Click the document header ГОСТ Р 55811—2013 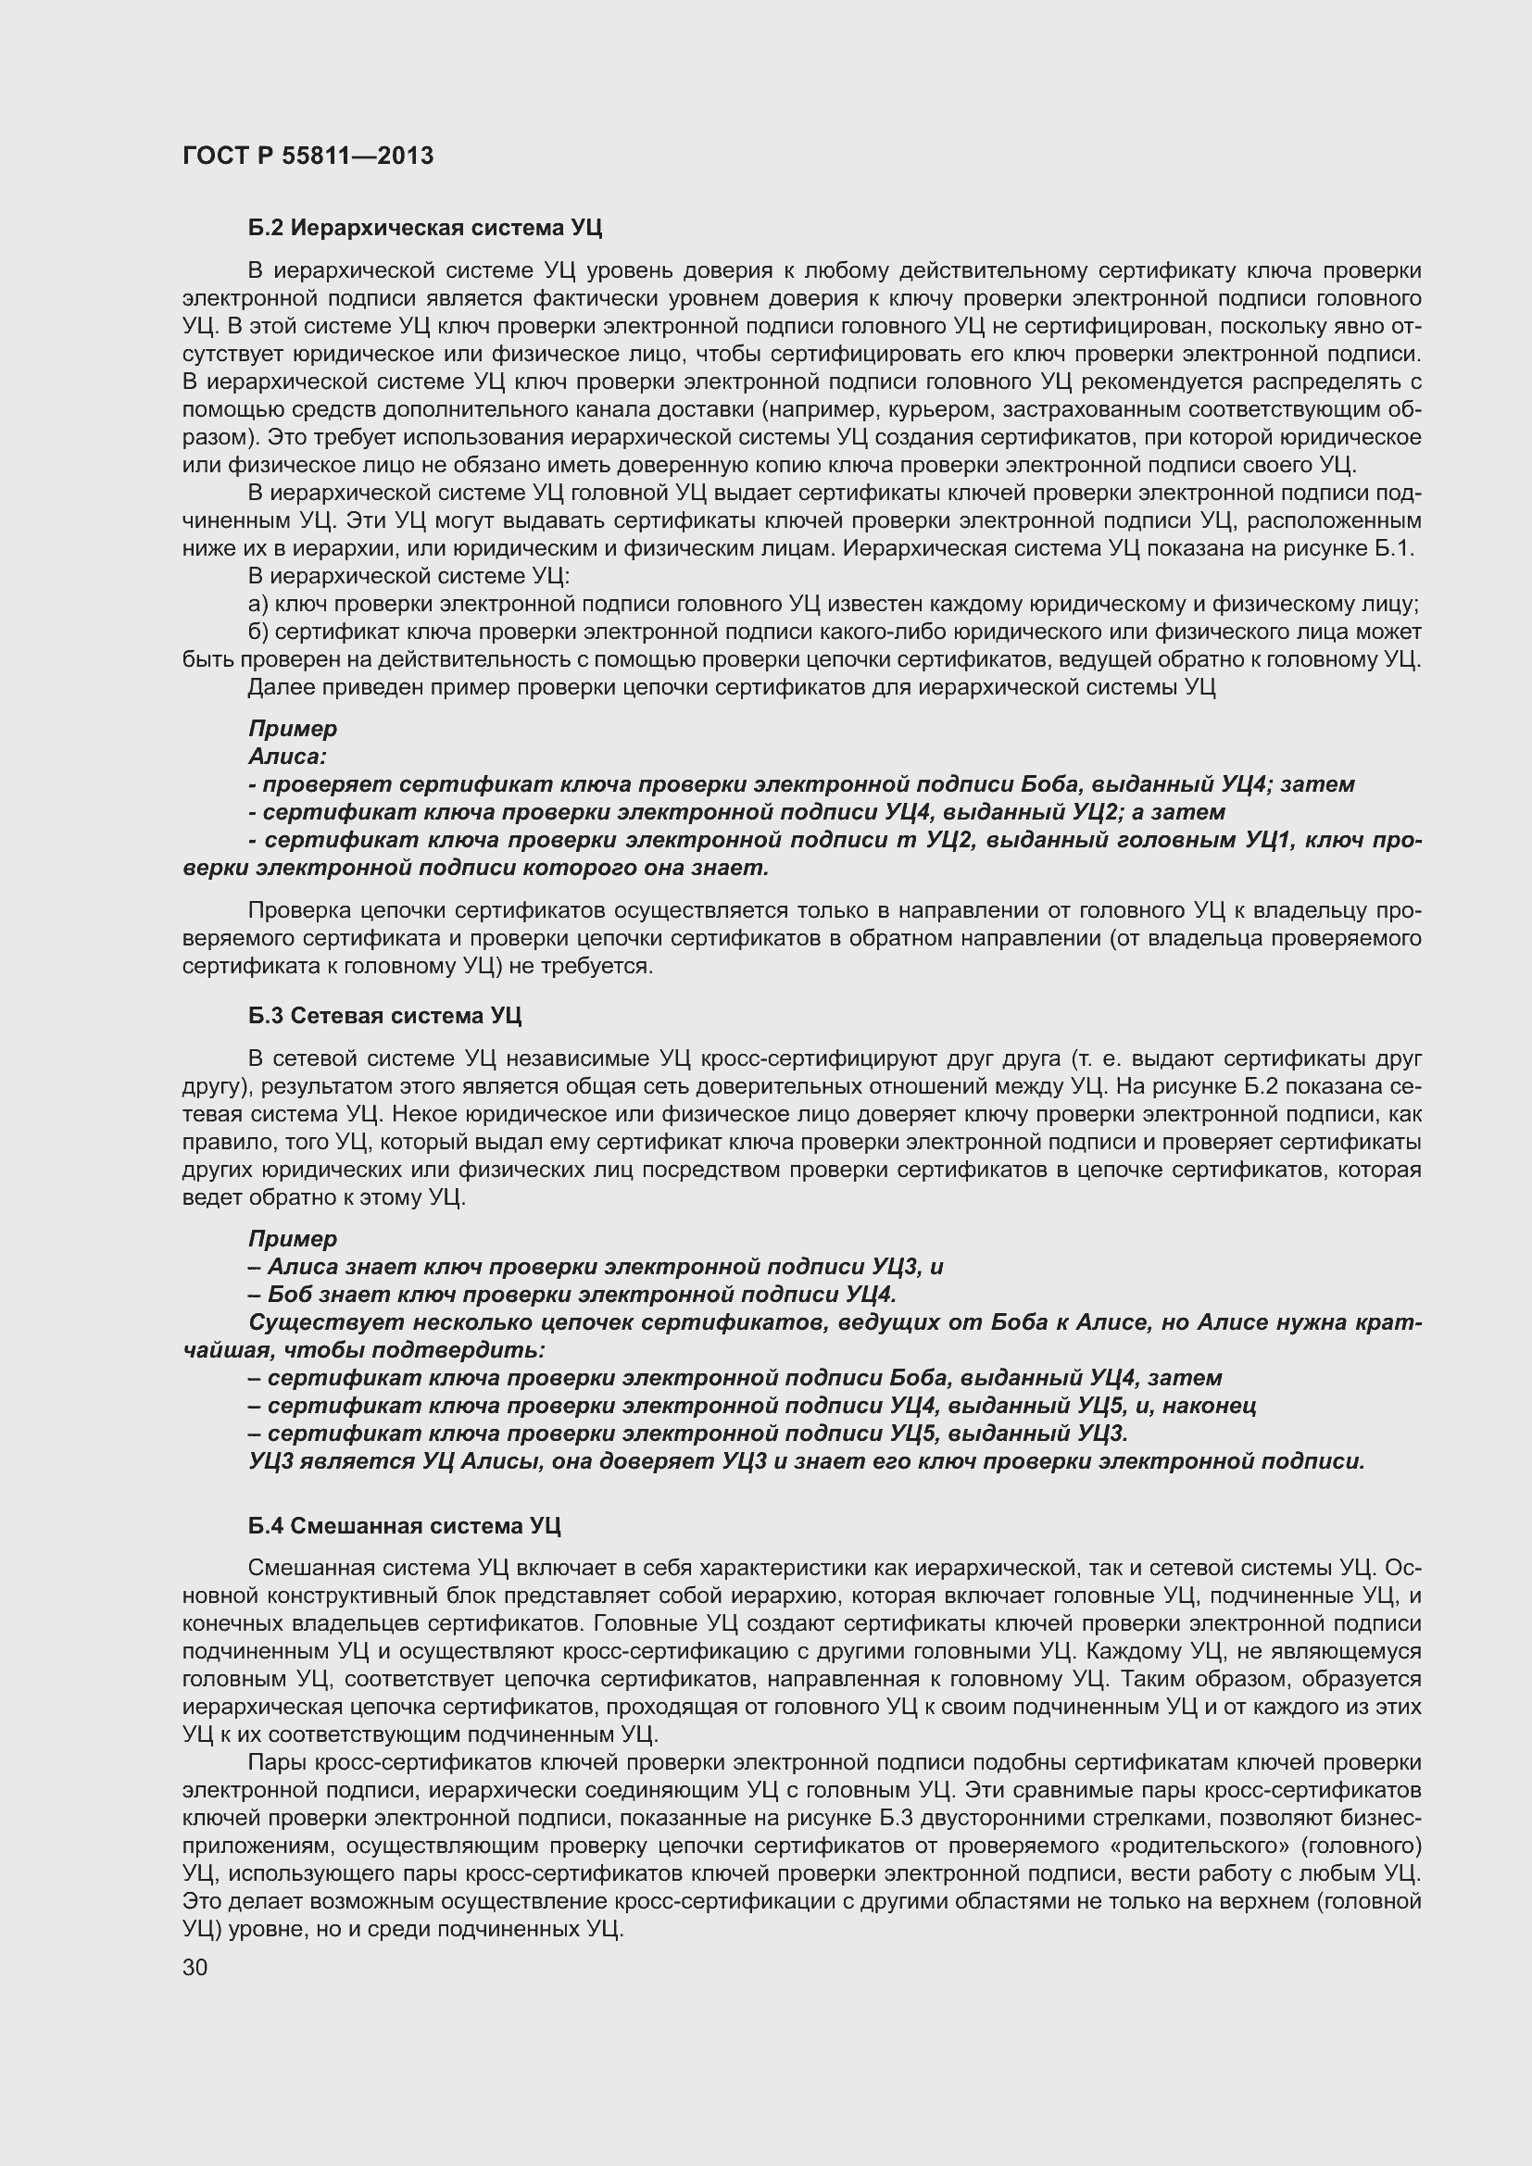pos(308,156)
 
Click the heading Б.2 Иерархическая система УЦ pos(424,228)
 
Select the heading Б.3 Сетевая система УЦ pos(385,1016)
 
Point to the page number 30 pos(195,1968)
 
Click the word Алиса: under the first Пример pos(287,757)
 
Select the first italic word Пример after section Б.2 pos(293,729)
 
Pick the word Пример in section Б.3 pos(293,1239)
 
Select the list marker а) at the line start pos(258,605)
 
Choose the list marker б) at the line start pos(258,632)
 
